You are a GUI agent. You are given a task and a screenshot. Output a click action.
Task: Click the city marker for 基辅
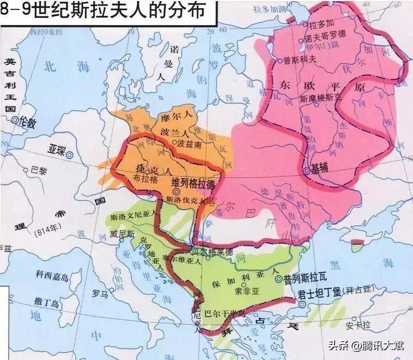point(307,171)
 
